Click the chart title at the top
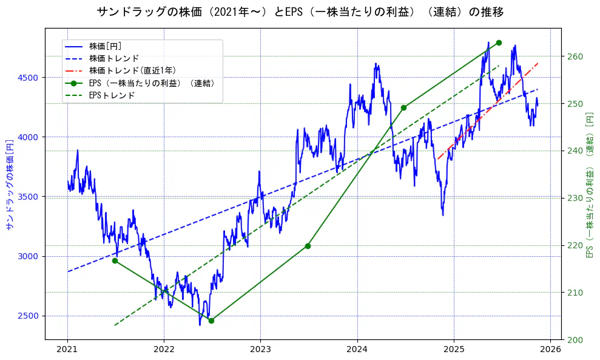[300, 12]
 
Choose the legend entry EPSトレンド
[112, 95]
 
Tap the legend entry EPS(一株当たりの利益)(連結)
[152, 83]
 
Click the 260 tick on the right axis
[575, 56]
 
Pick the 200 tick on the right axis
[575, 339]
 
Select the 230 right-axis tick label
[575, 198]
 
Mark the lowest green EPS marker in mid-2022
[211, 321]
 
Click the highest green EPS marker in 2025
[499, 42]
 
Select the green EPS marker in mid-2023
[308, 246]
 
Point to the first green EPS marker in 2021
[115, 260]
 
